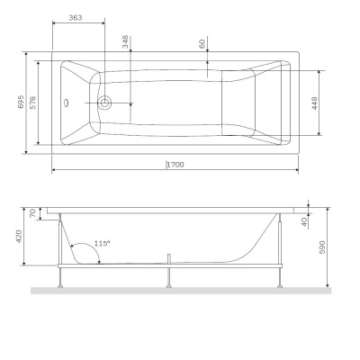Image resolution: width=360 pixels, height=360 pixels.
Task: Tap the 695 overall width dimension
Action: tap(22, 102)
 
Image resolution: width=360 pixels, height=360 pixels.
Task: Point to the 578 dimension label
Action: tap(33, 102)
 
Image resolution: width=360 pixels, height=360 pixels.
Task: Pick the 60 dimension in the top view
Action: tap(203, 42)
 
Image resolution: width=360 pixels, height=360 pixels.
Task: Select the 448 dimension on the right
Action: tap(314, 103)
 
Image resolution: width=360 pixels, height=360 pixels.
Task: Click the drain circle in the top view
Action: tap(105, 103)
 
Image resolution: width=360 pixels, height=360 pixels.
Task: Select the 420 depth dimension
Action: tap(22, 236)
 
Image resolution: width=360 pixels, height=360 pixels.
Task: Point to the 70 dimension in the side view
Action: tap(33, 214)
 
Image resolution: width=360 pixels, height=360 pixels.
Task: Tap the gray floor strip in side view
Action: tap(180, 291)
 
